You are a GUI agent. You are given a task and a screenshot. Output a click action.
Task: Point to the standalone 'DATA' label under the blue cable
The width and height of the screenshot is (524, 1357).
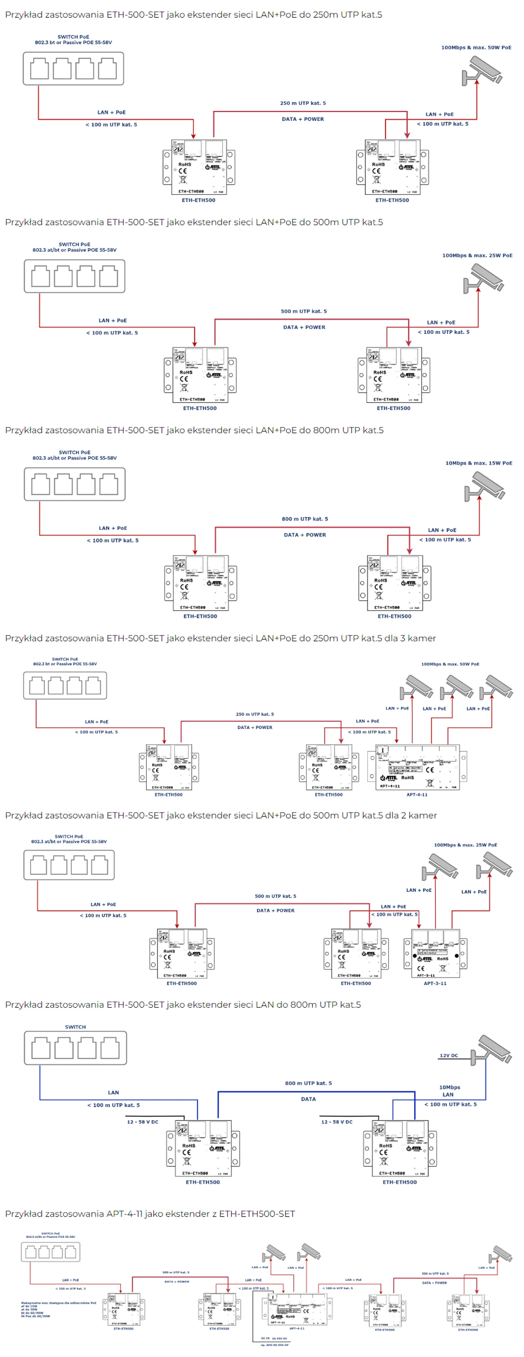tap(308, 1099)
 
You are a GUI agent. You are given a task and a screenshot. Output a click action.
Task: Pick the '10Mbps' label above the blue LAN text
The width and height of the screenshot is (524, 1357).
tap(449, 1087)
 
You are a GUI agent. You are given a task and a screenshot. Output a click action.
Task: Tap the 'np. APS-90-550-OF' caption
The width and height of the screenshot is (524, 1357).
tap(274, 1345)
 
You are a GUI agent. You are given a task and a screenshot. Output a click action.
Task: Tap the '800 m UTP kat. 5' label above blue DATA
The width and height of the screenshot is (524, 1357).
tap(308, 1083)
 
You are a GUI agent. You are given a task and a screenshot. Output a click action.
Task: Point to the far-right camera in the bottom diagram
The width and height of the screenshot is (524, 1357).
tap(501, 1254)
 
